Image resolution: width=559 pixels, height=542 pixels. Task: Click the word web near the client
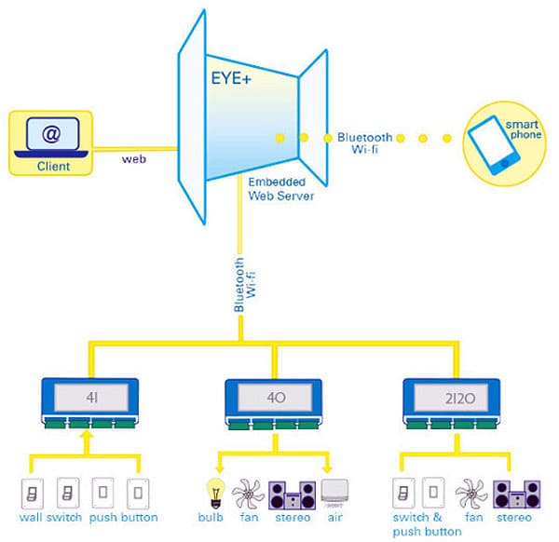133,158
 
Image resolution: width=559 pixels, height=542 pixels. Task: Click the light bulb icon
213,491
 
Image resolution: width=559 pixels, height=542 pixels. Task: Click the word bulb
211,517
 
